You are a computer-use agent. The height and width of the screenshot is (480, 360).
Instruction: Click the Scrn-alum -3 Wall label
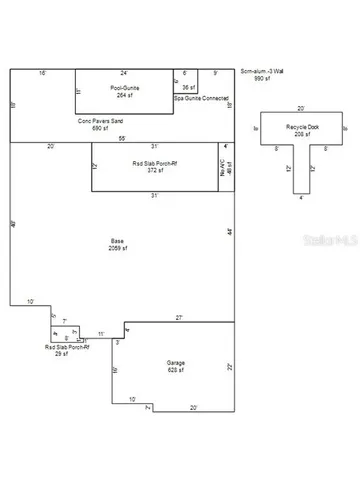[x=263, y=72]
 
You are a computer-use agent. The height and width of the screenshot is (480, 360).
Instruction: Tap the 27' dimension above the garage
[x=178, y=318]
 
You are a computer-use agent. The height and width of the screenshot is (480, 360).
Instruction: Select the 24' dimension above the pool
[x=124, y=73]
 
